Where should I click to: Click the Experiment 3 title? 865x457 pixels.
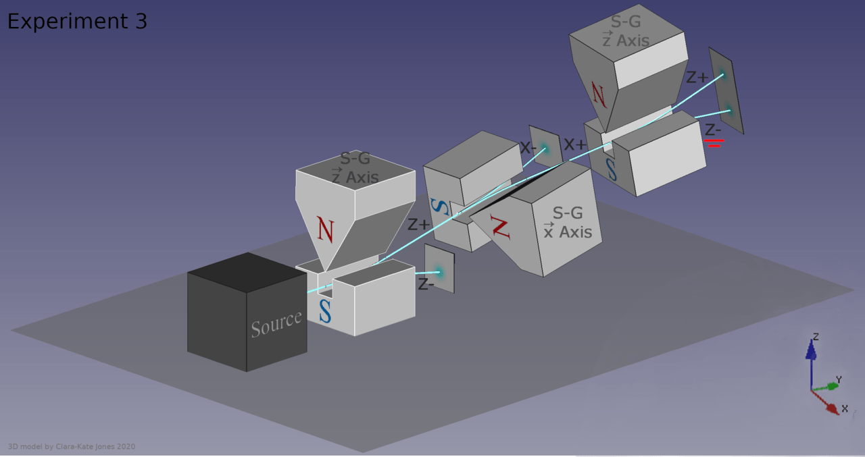click(x=77, y=21)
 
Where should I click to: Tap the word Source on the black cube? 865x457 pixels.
click(x=276, y=324)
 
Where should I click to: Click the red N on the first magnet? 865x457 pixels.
click(x=325, y=230)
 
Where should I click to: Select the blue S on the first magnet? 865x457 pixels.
click(x=325, y=311)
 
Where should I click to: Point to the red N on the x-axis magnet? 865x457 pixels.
click(x=501, y=228)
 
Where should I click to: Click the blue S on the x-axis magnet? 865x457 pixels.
click(x=440, y=207)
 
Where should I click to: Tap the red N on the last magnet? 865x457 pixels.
click(x=599, y=95)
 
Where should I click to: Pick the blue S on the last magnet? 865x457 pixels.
click(x=612, y=169)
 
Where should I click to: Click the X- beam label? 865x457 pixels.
click(x=528, y=147)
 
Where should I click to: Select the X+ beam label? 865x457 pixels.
click(x=575, y=144)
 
